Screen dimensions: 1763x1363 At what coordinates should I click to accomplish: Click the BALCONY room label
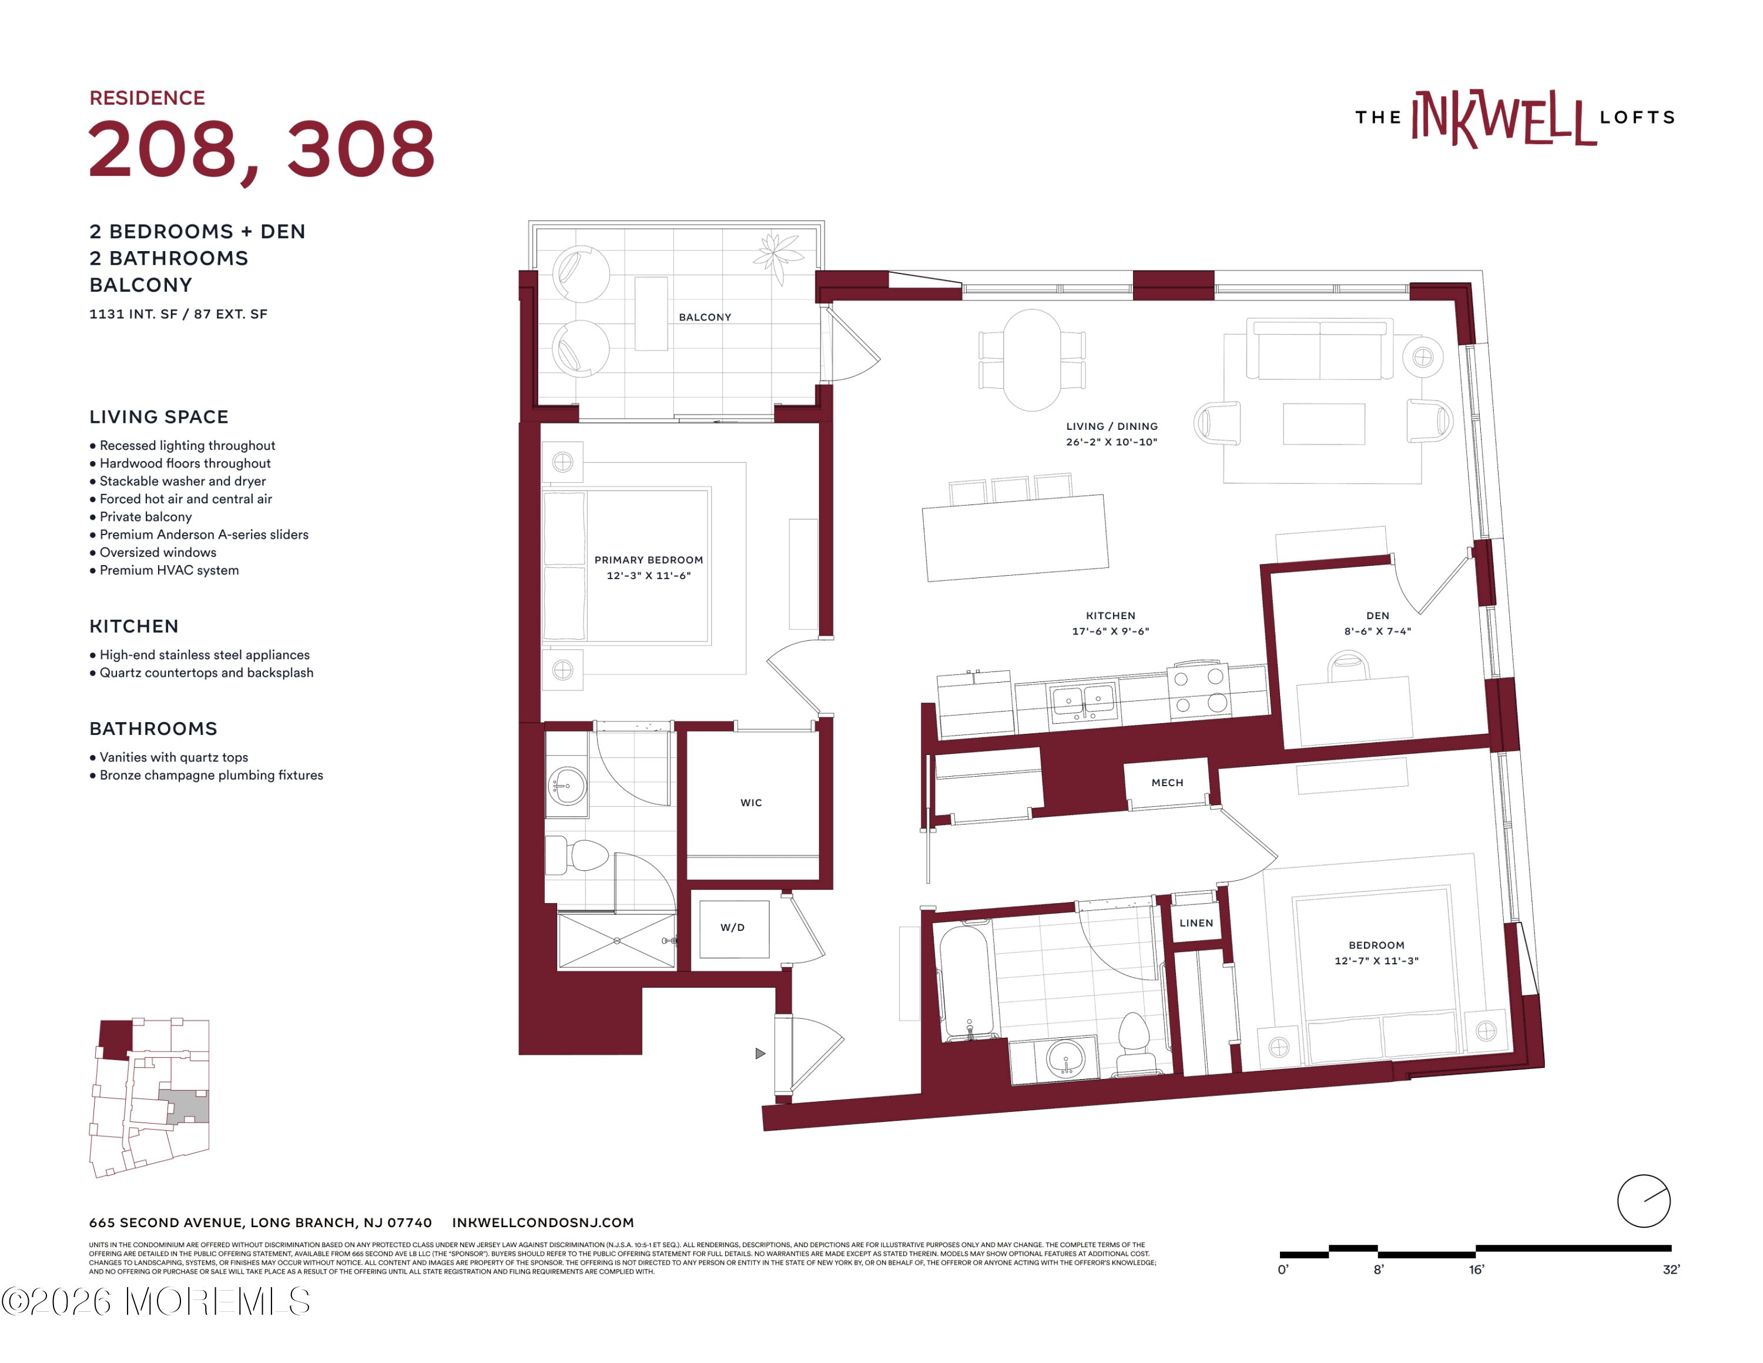tap(705, 318)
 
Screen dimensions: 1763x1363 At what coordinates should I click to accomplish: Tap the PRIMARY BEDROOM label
tap(648, 560)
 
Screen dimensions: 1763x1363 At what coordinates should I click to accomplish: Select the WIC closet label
tap(750, 803)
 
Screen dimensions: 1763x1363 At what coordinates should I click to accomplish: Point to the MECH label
tap(1167, 783)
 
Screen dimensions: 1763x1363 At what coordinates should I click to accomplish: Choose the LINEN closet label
tap(1196, 923)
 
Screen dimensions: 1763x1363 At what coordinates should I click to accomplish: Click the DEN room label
tap(1378, 615)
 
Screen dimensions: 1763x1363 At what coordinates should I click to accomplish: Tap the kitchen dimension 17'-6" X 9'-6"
tap(1111, 632)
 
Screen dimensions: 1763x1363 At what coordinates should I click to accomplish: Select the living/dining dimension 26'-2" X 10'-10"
tap(1111, 442)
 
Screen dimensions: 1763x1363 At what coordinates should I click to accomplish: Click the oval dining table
tap(1031, 360)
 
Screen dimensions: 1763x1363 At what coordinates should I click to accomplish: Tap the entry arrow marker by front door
tap(760, 1054)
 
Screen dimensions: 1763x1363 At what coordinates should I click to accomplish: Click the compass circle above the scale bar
tap(1644, 1201)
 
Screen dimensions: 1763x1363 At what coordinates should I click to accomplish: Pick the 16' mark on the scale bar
tap(1476, 1270)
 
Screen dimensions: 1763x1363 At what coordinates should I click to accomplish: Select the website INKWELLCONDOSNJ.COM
tap(543, 1222)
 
